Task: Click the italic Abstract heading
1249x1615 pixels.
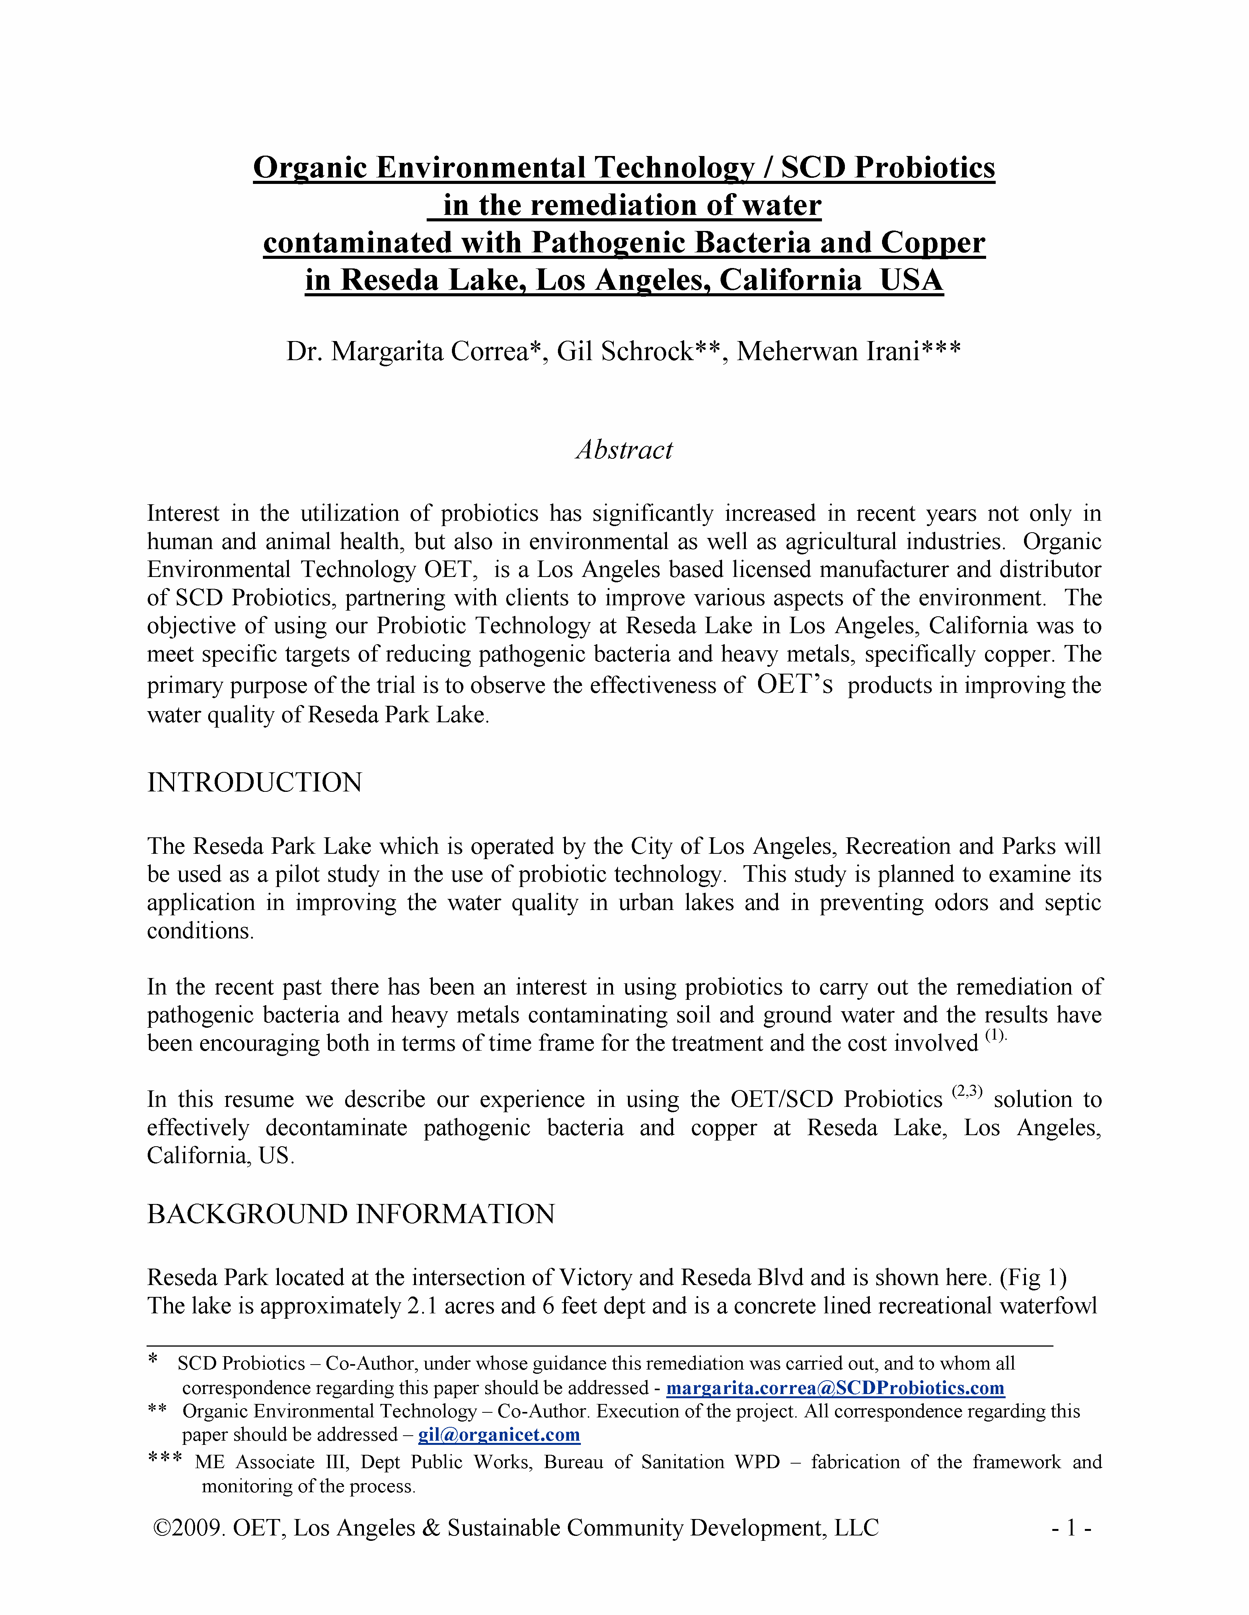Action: pos(624,450)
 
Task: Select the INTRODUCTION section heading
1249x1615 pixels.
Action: pos(254,782)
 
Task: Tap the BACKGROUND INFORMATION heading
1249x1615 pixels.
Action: pos(351,1214)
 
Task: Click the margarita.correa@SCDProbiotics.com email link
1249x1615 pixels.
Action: pos(835,1388)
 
